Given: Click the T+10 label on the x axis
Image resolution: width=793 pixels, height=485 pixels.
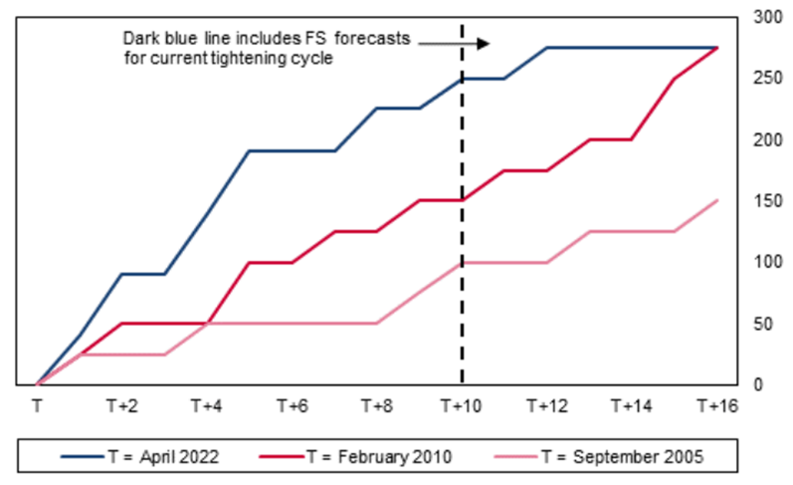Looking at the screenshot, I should click(462, 406).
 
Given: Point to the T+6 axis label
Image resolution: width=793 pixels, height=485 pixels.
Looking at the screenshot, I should click(292, 406).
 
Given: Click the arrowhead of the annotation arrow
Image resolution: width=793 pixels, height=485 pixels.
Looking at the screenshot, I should click(485, 43).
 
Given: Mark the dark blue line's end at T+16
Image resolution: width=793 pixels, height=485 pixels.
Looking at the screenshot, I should click(716, 47).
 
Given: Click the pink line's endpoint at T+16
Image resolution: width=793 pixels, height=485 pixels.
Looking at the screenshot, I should click(716, 200).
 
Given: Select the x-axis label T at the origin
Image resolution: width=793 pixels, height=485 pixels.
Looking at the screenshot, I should click(37, 406).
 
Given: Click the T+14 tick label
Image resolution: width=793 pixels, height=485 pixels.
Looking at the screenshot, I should click(632, 406).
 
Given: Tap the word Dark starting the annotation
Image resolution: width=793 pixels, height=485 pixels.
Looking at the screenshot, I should click(139, 38).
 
